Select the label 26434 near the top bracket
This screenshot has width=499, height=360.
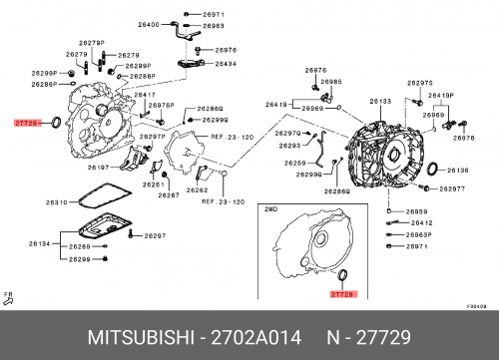[226, 64]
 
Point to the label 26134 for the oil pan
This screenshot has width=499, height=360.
[39, 243]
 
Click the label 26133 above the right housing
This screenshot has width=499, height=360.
[380, 101]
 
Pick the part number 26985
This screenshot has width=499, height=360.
[331, 81]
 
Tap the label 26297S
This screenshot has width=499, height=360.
[420, 83]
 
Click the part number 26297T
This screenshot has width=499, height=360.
[453, 188]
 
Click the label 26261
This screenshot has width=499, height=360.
[153, 184]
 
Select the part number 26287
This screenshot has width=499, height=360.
[169, 195]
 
